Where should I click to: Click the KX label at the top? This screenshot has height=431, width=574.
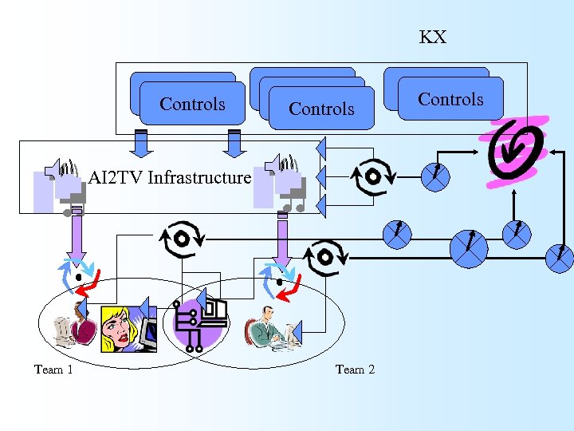[x=433, y=38]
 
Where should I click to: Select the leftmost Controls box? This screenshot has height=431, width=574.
[x=192, y=104]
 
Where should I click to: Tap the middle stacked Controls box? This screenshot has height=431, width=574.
[x=321, y=109]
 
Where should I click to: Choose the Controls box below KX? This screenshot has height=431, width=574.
[x=450, y=99]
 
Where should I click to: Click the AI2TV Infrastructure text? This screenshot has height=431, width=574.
[x=169, y=177]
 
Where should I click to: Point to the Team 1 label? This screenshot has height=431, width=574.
[x=53, y=369]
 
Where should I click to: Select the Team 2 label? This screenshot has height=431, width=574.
[x=355, y=369]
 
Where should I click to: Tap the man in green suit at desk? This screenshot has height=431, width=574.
[x=267, y=327]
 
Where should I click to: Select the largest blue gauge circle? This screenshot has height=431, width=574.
[x=469, y=248]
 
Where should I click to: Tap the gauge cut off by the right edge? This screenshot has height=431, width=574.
[x=560, y=256]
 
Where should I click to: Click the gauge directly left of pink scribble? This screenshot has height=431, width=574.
[x=436, y=176]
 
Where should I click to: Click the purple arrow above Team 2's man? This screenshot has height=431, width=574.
[x=281, y=239]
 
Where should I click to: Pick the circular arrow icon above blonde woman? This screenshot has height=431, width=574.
[x=181, y=239]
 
